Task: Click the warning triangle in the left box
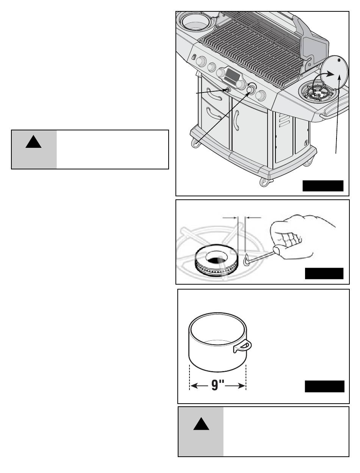pos(33,142)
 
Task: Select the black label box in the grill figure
pos(323,186)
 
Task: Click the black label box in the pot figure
pos(324,386)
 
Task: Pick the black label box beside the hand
pos(324,274)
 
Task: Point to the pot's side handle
pos(243,346)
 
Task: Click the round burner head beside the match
pos(216,260)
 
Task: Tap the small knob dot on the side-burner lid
pos(339,60)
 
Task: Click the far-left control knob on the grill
pos(201,61)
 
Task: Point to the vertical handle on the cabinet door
pos(237,120)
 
